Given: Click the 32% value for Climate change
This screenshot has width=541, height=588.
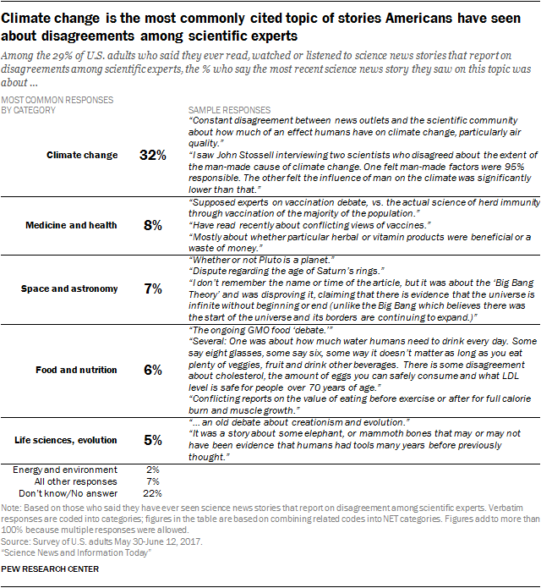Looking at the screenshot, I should [153, 155].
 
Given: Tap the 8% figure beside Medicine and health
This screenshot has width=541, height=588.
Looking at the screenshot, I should [153, 226].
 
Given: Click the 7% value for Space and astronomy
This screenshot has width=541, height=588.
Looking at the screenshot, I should [153, 289].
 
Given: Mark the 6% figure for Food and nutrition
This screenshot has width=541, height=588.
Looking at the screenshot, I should [153, 370].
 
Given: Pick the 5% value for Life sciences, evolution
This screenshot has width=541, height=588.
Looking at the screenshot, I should [153, 440].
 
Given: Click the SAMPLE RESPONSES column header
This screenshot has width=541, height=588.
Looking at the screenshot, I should [229, 111].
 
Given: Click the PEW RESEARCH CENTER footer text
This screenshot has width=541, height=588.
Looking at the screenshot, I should [51, 569].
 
